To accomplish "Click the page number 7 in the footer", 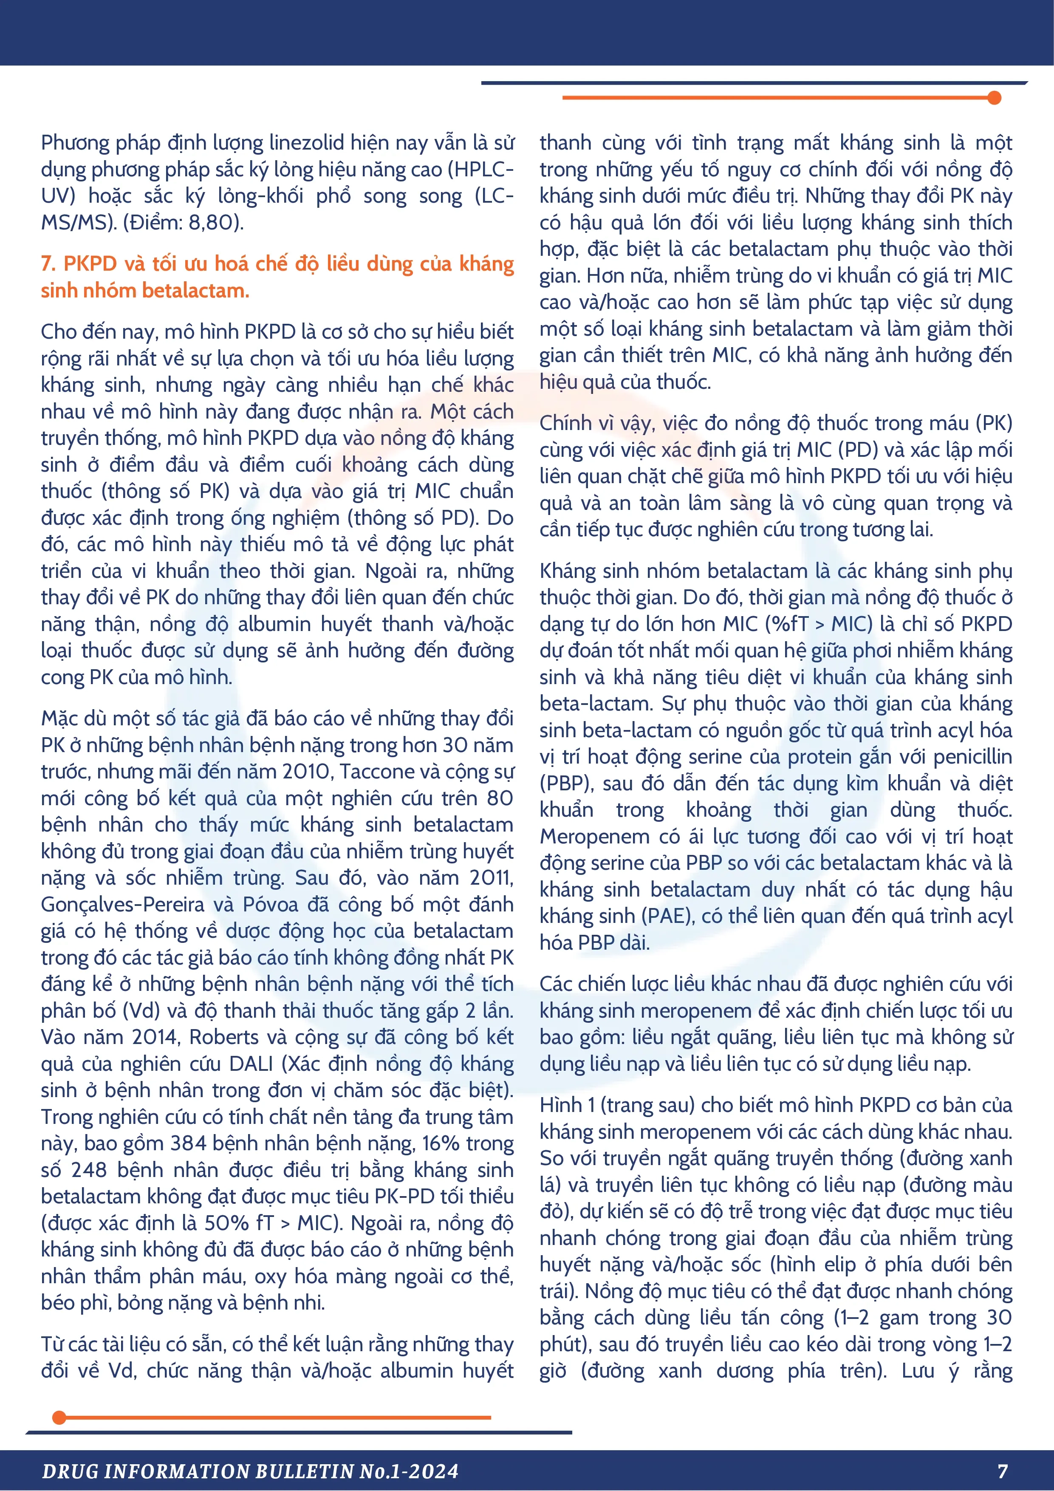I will (x=1002, y=1471).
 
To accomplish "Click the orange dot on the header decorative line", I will (x=994, y=98).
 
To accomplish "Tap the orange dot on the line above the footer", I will (x=59, y=1417).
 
